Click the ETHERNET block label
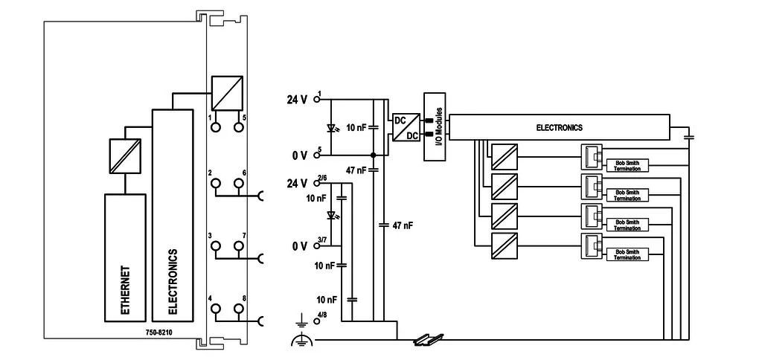[x=125, y=290]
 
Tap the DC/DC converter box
[x=406, y=127]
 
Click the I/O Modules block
[x=435, y=126]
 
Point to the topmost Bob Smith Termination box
[x=627, y=165]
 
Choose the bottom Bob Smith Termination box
[x=627, y=254]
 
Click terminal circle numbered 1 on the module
[x=215, y=126]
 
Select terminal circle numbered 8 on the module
[x=239, y=309]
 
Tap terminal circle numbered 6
[x=239, y=183]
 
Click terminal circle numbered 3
[x=215, y=246]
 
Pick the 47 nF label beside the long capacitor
[x=402, y=225]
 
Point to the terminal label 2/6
[x=321, y=179]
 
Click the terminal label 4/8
[x=321, y=315]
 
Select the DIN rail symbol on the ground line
[x=429, y=340]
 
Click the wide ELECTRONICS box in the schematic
[x=559, y=128]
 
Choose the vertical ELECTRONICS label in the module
[x=173, y=282]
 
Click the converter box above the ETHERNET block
[x=125, y=156]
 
